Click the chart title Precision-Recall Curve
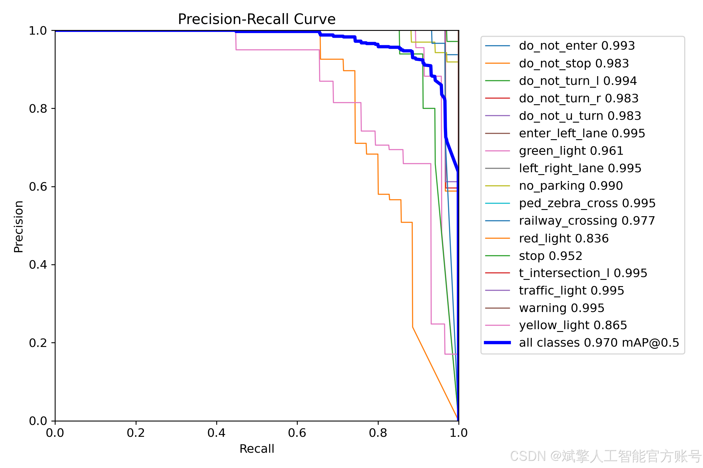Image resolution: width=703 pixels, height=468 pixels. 257,19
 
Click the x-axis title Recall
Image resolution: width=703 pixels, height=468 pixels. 257,449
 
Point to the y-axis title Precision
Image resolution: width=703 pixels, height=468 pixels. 18,227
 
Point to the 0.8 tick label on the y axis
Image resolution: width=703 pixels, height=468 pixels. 38,109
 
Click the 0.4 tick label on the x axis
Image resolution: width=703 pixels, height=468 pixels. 217,433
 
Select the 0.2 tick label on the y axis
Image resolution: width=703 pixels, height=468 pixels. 38,343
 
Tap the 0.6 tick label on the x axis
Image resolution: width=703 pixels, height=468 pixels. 297,433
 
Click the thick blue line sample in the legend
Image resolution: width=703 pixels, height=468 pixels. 497,343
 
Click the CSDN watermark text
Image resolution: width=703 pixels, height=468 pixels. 606,456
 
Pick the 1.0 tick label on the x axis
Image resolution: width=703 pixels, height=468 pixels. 458,433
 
